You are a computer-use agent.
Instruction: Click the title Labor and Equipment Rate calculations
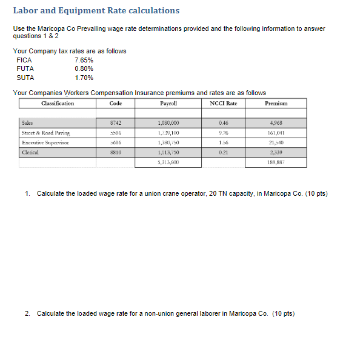point(96,11)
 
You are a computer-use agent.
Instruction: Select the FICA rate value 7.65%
point(84,60)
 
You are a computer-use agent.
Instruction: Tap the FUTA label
point(25,68)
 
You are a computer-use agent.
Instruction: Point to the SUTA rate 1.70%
point(84,78)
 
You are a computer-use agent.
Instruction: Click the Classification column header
point(58,104)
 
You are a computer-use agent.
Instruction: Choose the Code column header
point(116,104)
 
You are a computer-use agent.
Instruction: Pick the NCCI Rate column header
point(223,104)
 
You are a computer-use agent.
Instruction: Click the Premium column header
point(276,104)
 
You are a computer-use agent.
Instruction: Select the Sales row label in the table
point(27,122)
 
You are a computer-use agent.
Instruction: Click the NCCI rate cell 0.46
point(223,122)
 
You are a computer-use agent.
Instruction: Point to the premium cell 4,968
point(276,122)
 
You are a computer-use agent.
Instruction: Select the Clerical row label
point(30,153)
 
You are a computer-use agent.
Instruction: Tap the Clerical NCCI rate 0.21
point(223,153)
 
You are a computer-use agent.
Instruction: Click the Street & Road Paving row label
point(45,132)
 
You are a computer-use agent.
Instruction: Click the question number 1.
point(28,193)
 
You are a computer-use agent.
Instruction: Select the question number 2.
point(28,313)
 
